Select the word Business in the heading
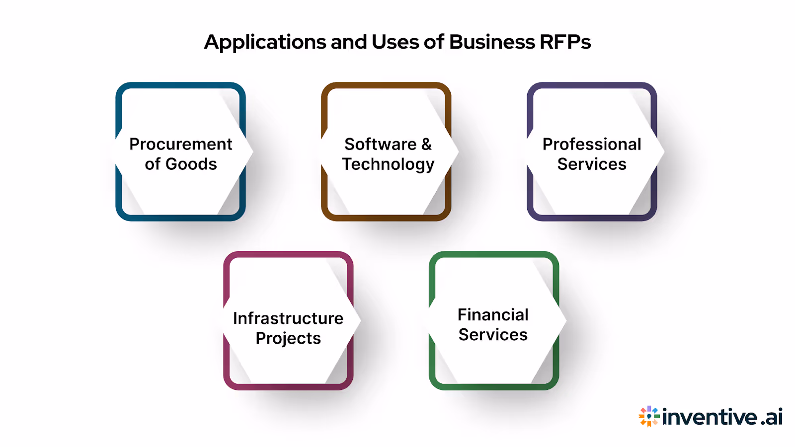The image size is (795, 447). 492,42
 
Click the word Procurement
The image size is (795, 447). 181,144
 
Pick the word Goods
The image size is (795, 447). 191,164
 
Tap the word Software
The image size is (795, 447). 381,144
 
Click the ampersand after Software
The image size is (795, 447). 426,144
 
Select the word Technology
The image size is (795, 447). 388,164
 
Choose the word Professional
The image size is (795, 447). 592,144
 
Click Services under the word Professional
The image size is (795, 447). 592,164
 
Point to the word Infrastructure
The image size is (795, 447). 288,318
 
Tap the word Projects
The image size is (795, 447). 288,338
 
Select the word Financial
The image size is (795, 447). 493,314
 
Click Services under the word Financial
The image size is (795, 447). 493,335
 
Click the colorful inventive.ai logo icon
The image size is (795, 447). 649,416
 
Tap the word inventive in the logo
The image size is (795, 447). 710,417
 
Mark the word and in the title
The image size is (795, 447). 349,42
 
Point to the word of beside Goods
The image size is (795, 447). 153,164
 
